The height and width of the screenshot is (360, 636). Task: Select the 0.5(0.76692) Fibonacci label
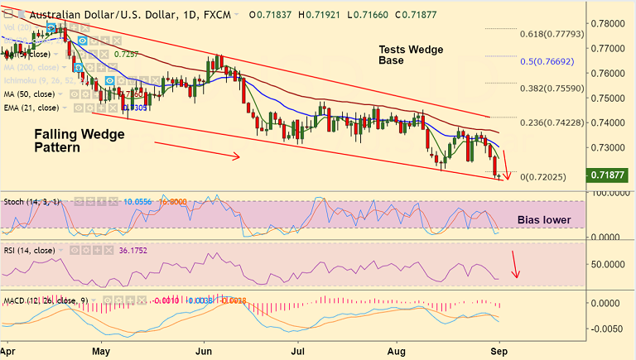point(548,61)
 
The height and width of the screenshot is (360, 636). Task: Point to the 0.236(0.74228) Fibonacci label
point(550,122)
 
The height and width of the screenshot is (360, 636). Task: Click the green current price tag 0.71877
point(611,175)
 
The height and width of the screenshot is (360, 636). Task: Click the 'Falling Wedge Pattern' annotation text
point(68,141)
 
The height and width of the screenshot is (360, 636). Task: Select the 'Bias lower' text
point(545,220)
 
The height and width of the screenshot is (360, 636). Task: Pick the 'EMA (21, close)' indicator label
point(31,108)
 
